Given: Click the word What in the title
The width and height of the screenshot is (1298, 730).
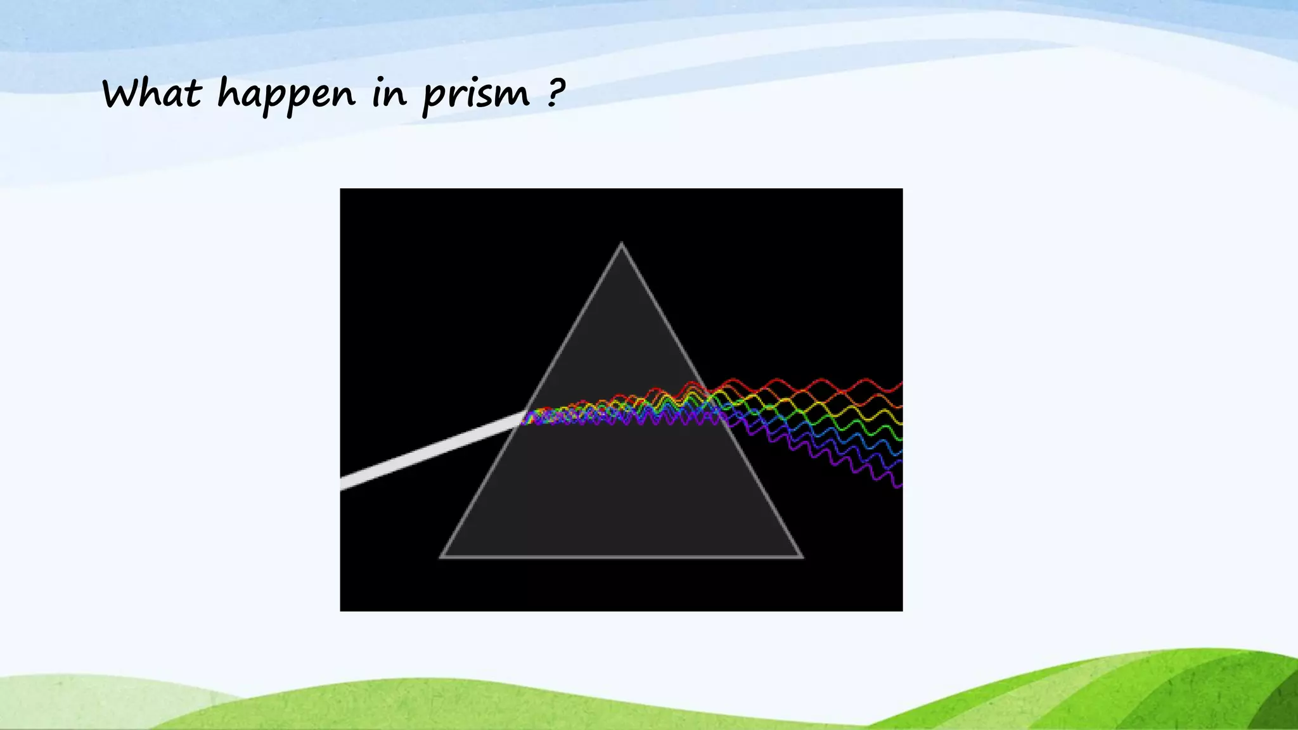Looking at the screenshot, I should point(151,93).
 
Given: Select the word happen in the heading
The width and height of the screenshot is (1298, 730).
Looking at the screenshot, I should point(286,95).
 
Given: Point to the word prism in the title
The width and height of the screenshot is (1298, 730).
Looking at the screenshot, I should point(475,95).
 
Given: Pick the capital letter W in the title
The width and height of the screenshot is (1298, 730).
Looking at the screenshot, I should point(124,93).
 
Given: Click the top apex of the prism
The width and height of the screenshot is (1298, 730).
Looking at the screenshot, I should point(621,244).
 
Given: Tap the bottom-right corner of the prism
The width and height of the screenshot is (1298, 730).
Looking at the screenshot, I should point(801,556).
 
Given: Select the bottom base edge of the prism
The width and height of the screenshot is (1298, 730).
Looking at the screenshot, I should point(621,556).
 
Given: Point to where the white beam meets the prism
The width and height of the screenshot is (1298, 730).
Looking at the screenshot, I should point(524,416).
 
